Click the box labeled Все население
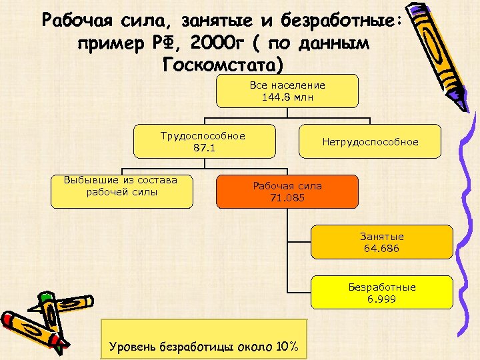pyautogui.click(x=287, y=91)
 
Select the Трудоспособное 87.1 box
pyautogui.click(x=203, y=141)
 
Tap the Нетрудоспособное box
pyautogui.click(x=370, y=142)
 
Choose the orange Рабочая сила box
pyautogui.click(x=287, y=191)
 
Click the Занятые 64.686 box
pyautogui.click(x=382, y=243)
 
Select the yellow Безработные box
pyautogui.click(x=382, y=293)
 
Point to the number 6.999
pyautogui.click(x=382, y=299)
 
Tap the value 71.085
pyautogui.click(x=287, y=197)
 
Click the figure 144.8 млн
pyautogui.click(x=287, y=97)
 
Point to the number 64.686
pyautogui.click(x=382, y=249)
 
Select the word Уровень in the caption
pyautogui.click(x=131, y=347)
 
